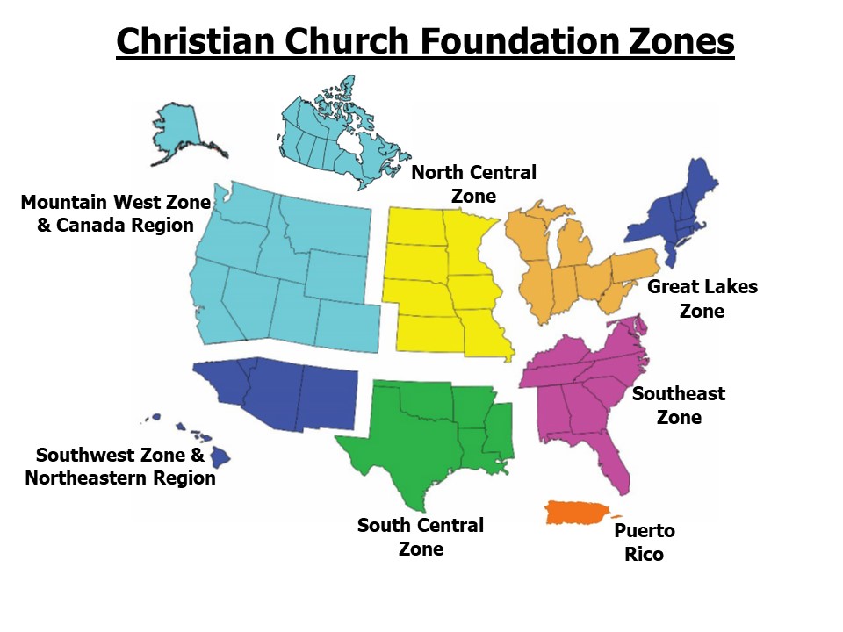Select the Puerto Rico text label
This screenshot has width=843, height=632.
coord(644,542)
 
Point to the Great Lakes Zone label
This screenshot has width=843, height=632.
coord(702,298)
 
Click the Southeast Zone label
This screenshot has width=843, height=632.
coord(679,405)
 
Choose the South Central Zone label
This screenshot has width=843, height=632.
coord(420,537)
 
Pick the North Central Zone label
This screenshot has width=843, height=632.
coord(473,183)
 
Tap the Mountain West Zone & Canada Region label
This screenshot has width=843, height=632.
coord(115,213)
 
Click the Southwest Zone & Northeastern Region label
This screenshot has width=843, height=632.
coord(120,466)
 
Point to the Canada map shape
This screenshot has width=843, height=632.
coord(325,132)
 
